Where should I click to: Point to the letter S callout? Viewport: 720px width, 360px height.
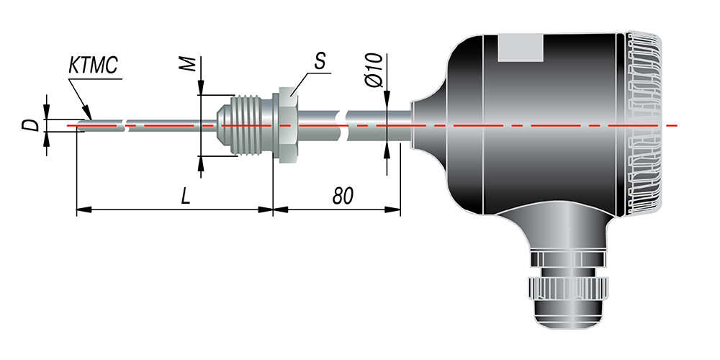tap(320, 63)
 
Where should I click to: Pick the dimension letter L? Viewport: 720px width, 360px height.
tap(186, 197)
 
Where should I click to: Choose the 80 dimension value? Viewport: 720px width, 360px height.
tap(343, 197)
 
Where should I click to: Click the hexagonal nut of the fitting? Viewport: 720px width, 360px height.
tap(288, 125)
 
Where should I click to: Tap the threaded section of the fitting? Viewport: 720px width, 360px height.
tap(251, 125)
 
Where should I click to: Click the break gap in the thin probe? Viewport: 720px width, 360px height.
tap(126, 125)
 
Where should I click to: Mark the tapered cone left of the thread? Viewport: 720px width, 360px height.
tap(224, 125)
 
